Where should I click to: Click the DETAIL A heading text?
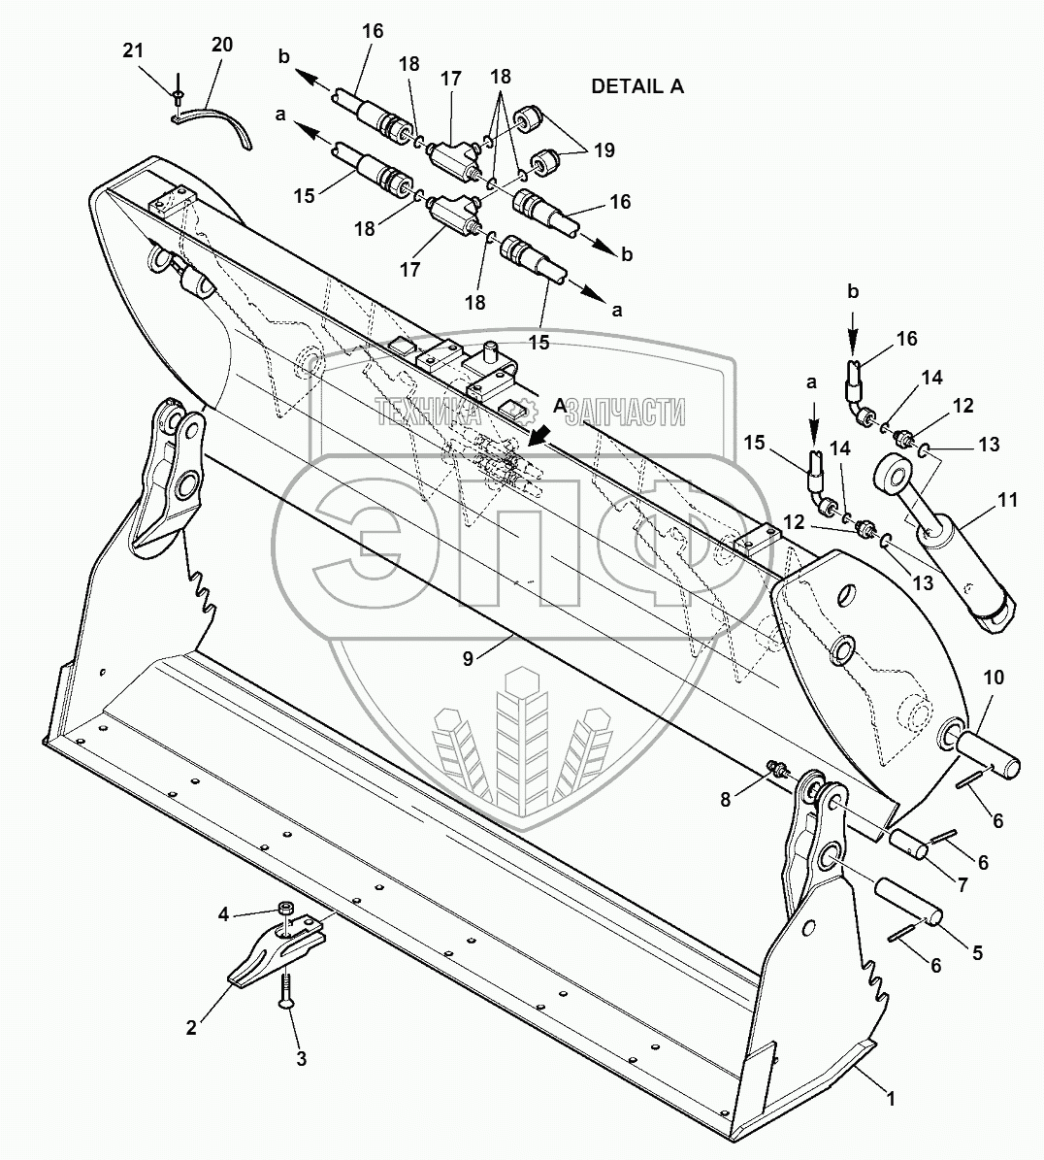pyautogui.click(x=637, y=86)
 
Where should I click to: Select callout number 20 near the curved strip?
pyautogui.click(x=222, y=44)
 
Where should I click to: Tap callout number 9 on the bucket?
pyautogui.click(x=468, y=658)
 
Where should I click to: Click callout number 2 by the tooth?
pyautogui.click(x=191, y=1027)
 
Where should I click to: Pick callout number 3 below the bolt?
pyautogui.click(x=301, y=1059)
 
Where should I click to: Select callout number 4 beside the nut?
pyautogui.click(x=223, y=913)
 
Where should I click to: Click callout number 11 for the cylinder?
pyautogui.click(x=1008, y=500)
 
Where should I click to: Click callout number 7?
pyautogui.click(x=962, y=886)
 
